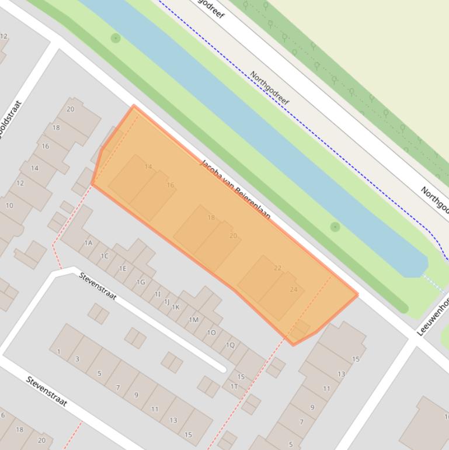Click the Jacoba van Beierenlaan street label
[x=235, y=189]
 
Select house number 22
[x=277, y=268]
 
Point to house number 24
[x=293, y=289]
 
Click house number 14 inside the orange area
[x=148, y=167]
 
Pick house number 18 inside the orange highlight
[x=211, y=217]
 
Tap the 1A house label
[x=89, y=243]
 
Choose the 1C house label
[x=105, y=255]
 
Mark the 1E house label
[x=123, y=268]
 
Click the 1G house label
[x=141, y=282]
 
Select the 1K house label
[x=176, y=307]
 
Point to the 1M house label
[x=194, y=320]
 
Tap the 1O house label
[x=212, y=333]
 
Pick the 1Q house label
[x=230, y=345]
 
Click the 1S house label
[x=241, y=377]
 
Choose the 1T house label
[x=234, y=386]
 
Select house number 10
[x=9, y=205]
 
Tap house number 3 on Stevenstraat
[x=77, y=359]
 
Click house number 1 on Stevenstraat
[x=59, y=351]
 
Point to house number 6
[x=3, y=415]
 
